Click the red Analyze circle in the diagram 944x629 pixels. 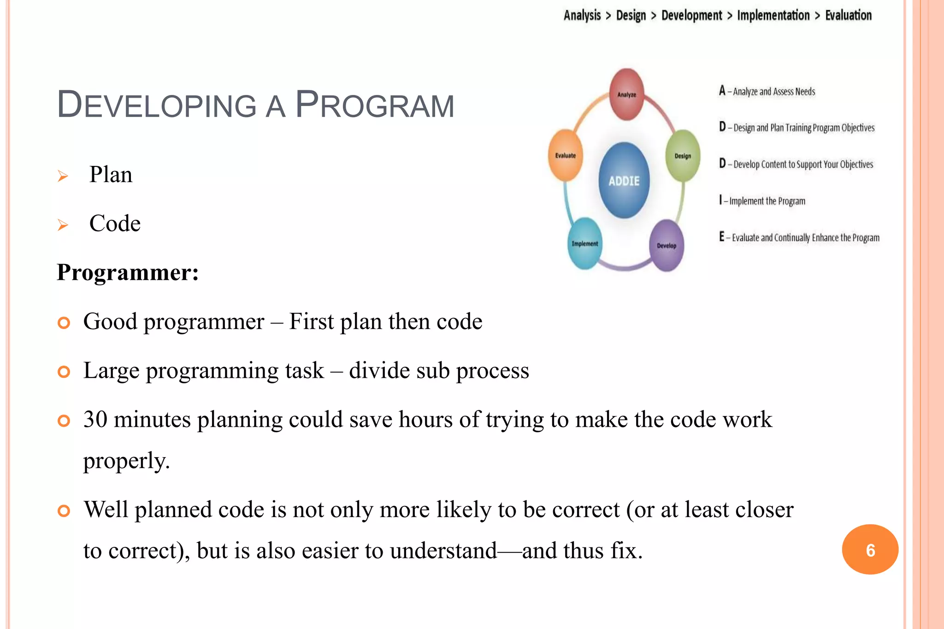(626, 94)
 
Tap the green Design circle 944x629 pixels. (683, 156)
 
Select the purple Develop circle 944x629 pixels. (667, 246)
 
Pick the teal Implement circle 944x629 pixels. (584, 243)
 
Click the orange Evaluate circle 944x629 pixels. (566, 155)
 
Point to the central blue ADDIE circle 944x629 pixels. (624, 181)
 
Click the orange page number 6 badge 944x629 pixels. (870, 550)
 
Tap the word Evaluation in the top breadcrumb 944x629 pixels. (848, 15)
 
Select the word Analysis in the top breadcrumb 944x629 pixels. (582, 15)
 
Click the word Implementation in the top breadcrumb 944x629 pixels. (773, 15)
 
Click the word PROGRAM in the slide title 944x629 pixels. (375, 106)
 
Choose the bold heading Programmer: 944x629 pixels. (128, 272)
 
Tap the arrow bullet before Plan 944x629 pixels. (63, 176)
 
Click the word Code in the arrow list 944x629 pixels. (115, 223)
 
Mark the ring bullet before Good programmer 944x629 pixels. (64, 323)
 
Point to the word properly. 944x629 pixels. (126, 460)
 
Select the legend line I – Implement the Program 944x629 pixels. (762, 201)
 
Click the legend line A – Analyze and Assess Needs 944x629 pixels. (767, 91)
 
